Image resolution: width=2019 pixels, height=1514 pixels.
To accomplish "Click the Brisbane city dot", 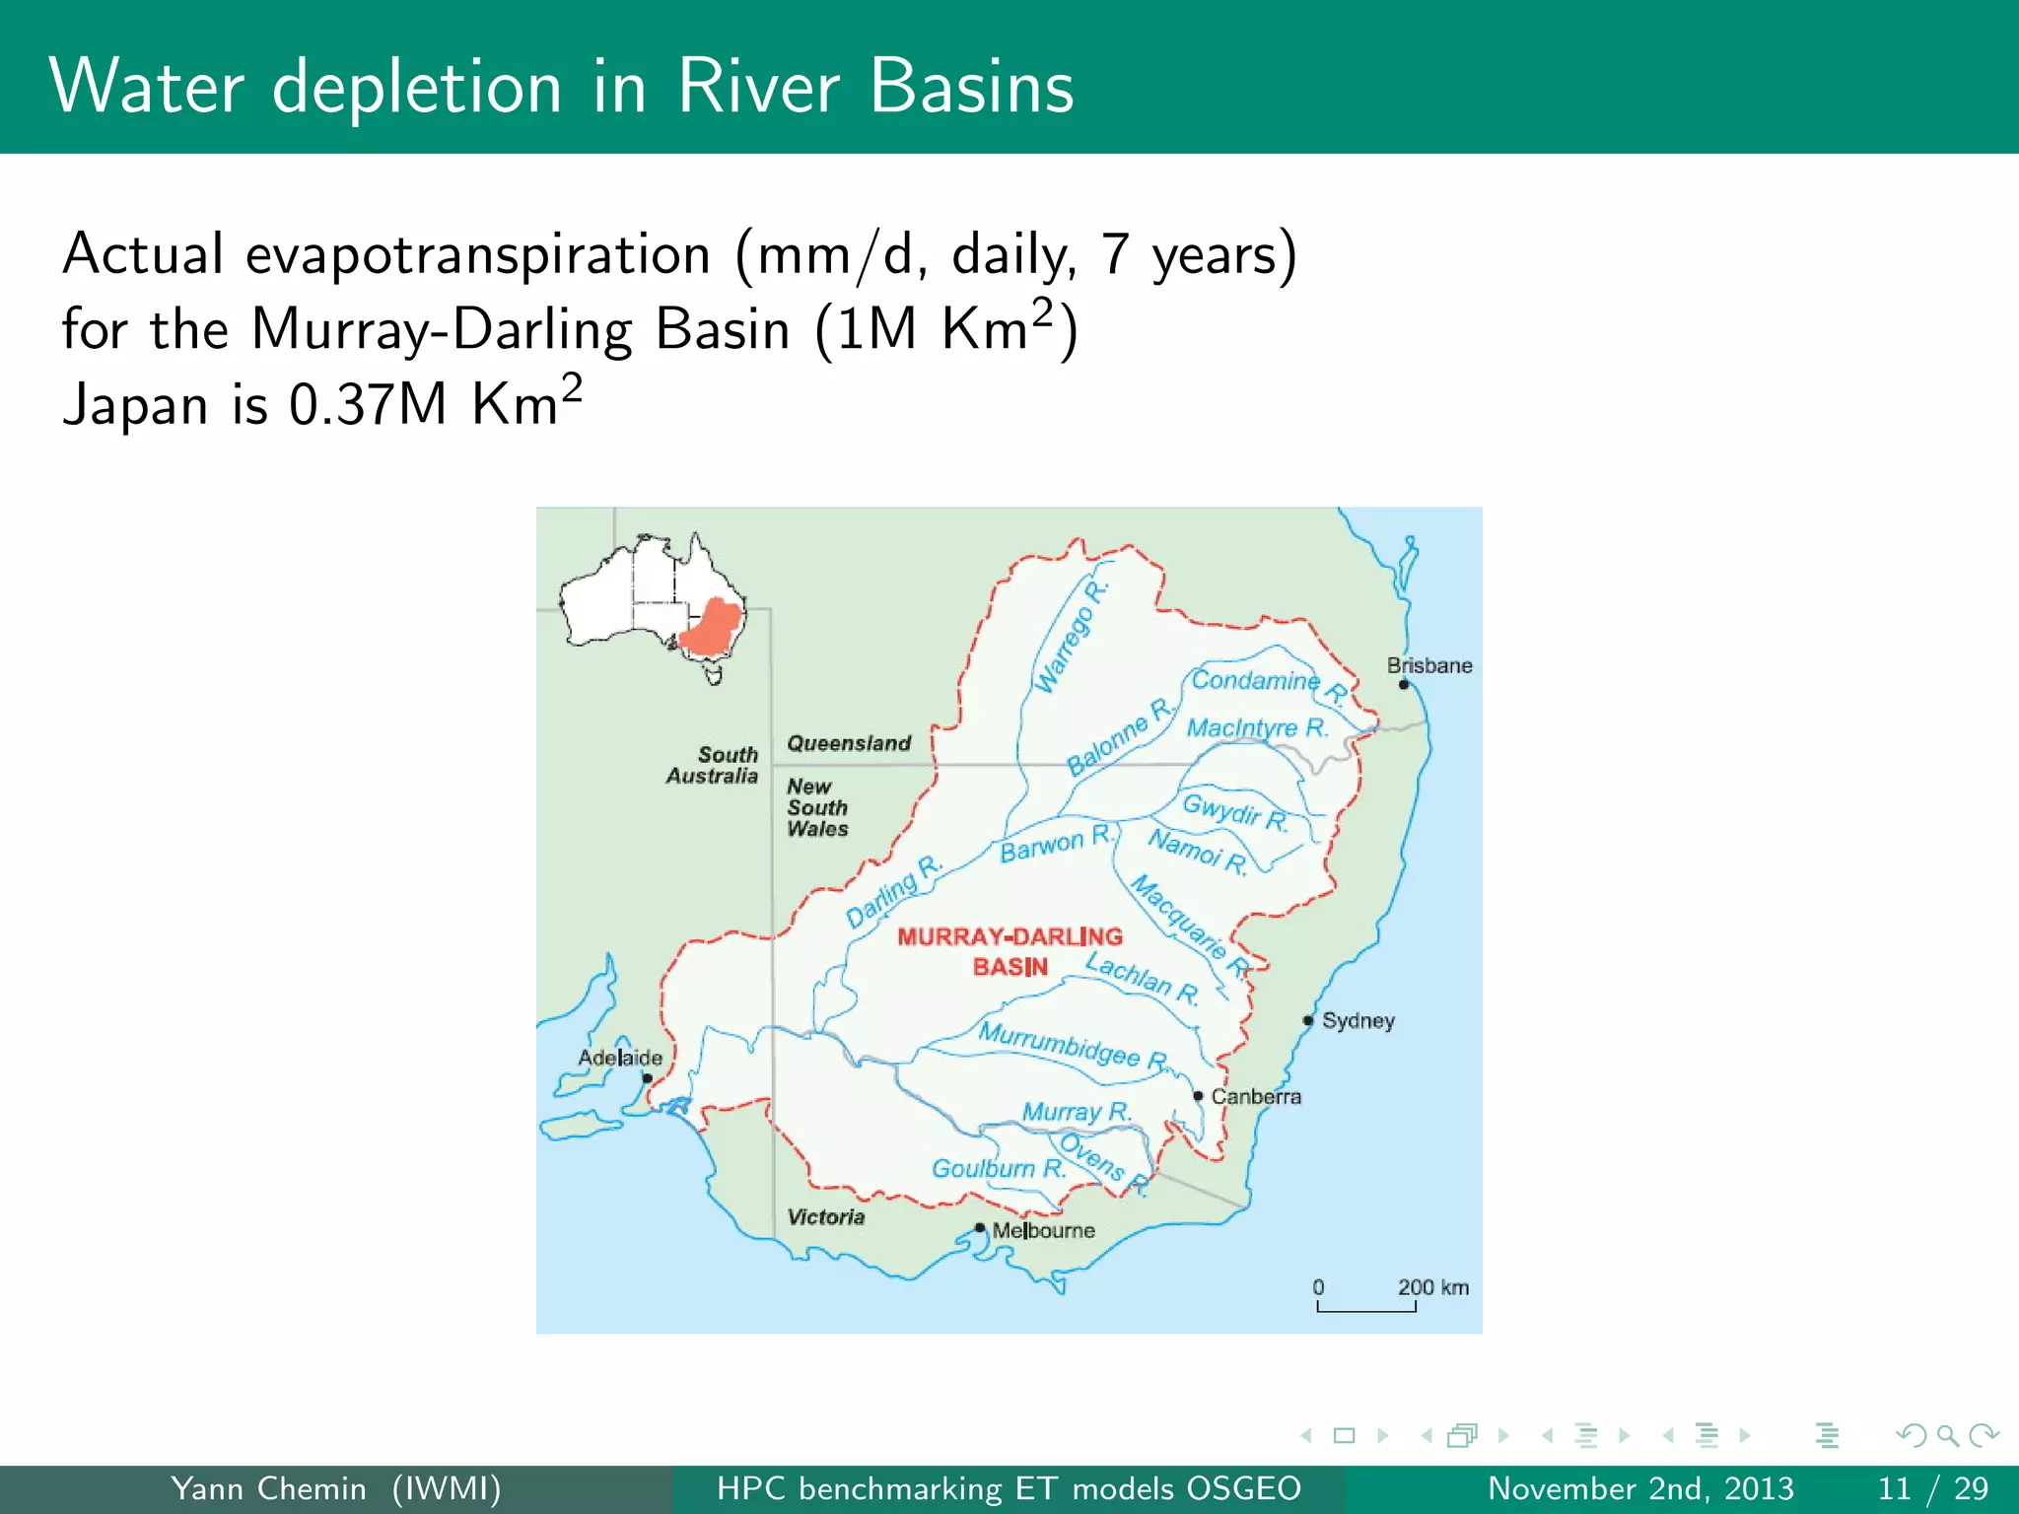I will pos(1404,684).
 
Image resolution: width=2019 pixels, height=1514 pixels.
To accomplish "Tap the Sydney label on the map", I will pos(1358,1020).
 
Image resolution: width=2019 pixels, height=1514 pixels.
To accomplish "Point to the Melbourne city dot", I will pos(980,1227).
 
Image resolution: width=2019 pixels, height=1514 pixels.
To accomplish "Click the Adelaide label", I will pos(619,1058).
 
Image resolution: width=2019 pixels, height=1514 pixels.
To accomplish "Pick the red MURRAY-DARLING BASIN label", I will pos(1009,951).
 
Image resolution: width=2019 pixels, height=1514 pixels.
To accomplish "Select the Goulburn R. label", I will pos(999,1169).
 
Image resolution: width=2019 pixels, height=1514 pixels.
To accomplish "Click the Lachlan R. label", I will pos(1143,978).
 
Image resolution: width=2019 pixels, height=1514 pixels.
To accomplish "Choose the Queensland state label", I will pos(849,743).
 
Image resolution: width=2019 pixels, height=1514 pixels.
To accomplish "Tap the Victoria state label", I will pos(825,1217).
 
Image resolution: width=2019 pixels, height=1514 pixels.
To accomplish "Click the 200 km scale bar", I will pos(1366,1307).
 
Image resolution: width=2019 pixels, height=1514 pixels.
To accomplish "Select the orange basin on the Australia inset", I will pos(710,628).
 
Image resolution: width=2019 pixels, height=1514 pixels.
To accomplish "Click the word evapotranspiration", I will pos(478,254).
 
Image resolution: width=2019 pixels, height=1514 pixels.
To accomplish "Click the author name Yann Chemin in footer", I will pos(268,1488).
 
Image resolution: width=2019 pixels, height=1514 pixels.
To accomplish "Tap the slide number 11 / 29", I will pos(1932,1488).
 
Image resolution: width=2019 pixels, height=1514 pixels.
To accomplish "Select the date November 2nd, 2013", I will pos(1640,1488).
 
